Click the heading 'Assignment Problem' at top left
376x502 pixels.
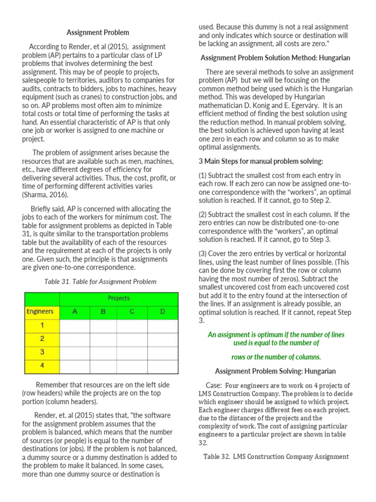click(98, 32)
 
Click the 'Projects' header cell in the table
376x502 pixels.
click(118, 298)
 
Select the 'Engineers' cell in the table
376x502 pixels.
click(40, 311)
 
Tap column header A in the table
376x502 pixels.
click(74, 311)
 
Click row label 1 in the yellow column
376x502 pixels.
click(42, 325)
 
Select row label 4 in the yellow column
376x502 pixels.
click(42, 366)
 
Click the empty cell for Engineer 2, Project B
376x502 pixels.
click(103, 339)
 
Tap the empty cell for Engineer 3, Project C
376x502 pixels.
click(132, 352)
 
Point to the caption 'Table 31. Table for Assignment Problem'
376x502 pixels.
click(100, 281)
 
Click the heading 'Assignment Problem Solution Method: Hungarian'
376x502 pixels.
click(275, 58)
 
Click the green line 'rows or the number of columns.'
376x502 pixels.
click(276, 357)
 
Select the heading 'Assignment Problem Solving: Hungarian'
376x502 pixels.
click(276, 371)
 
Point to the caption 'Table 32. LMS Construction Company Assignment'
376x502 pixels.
click(276, 456)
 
